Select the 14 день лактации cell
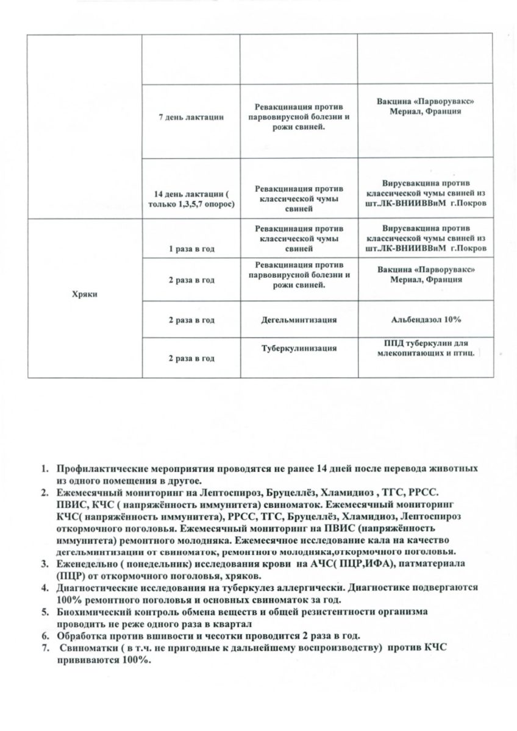tap(191, 198)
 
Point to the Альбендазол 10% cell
tap(426, 319)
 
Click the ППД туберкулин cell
tap(426, 348)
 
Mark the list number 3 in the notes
tap(45, 565)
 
